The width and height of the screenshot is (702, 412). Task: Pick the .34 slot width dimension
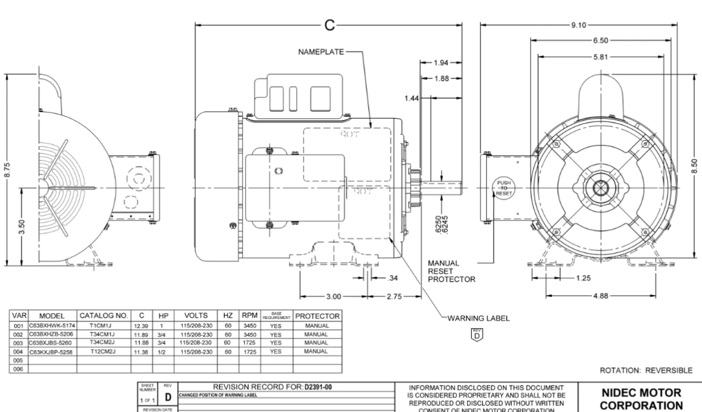(x=392, y=277)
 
